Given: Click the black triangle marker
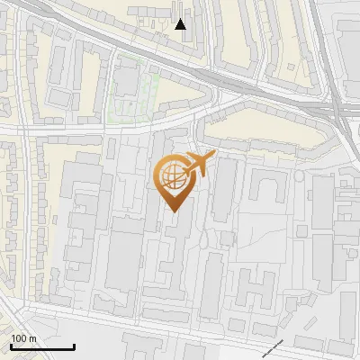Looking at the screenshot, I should (x=181, y=24).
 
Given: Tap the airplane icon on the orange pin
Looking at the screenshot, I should (x=200, y=165).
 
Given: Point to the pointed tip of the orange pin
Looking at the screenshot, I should (x=171, y=211).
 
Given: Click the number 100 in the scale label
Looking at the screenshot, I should (x=18, y=338).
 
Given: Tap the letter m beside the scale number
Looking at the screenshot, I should (x=31, y=338).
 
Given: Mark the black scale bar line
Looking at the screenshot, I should (x=41, y=346).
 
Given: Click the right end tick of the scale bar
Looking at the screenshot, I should (x=74, y=346).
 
